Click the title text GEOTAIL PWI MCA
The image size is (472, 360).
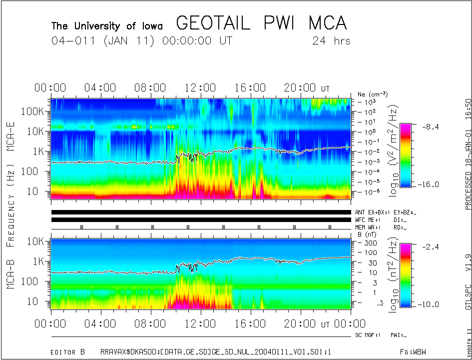tap(261, 23)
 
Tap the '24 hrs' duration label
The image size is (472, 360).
tap(331, 41)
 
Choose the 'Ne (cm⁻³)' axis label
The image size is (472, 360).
tap(373, 94)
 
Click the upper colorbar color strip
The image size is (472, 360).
tap(407, 154)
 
